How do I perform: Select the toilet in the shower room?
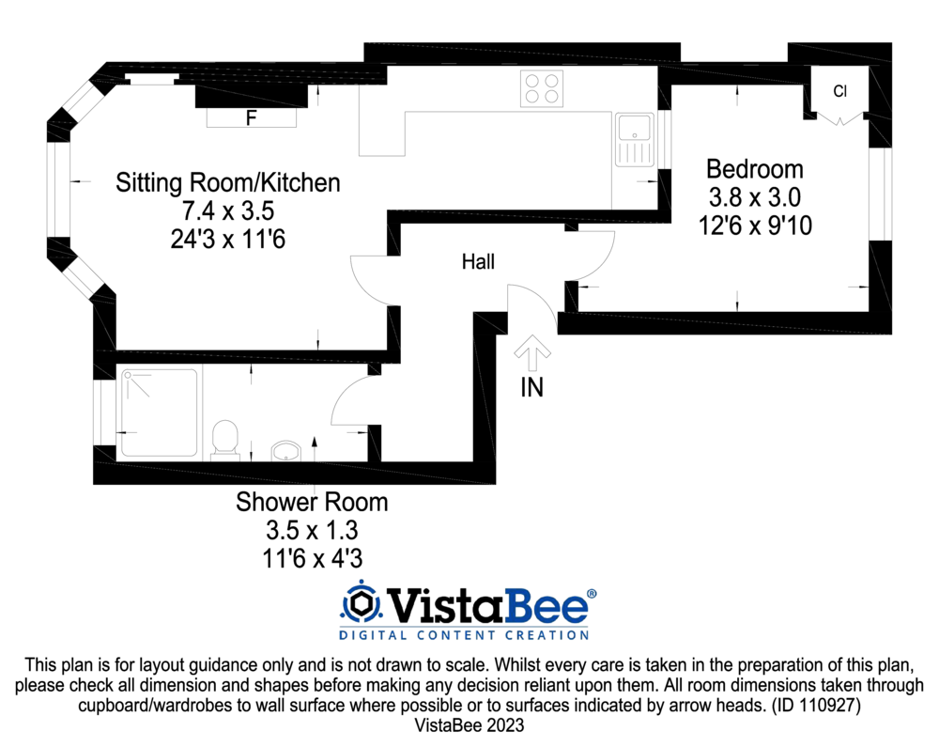pyautogui.click(x=225, y=439)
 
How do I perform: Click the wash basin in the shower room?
pyautogui.click(x=285, y=452)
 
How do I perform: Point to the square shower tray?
pyautogui.click(x=160, y=412)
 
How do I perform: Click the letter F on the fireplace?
pyautogui.click(x=251, y=118)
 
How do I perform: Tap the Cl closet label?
pyautogui.click(x=840, y=91)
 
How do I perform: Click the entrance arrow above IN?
pyautogui.click(x=532, y=354)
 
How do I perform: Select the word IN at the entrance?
pyautogui.click(x=532, y=387)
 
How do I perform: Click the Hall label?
pyautogui.click(x=478, y=262)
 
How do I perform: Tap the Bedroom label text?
pyautogui.click(x=755, y=169)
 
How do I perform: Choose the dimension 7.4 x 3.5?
pyautogui.click(x=227, y=210)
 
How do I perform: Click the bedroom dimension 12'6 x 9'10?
pyautogui.click(x=755, y=226)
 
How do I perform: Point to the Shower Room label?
pyautogui.click(x=312, y=502)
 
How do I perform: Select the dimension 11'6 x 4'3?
pyautogui.click(x=312, y=558)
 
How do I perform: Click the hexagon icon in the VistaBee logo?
pyautogui.click(x=359, y=602)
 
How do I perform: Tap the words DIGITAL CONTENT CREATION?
pyautogui.click(x=464, y=635)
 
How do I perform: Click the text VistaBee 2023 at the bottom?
pyautogui.click(x=469, y=725)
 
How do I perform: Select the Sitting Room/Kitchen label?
pyautogui.click(x=227, y=182)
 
